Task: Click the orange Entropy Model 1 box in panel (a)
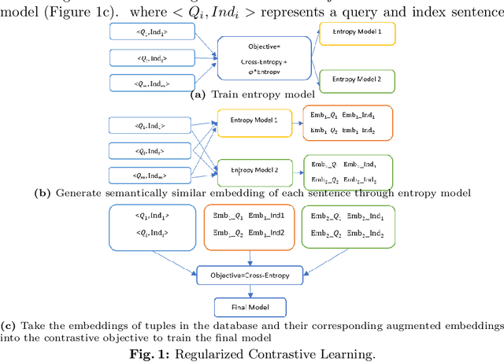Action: pyautogui.click(x=357, y=33)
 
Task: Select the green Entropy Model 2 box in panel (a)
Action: pyautogui.click(x=357, y=79)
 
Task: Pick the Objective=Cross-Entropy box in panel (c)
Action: pyautogui.click(x=250, y=274)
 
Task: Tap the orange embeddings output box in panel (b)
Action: pyautogui.click(x=343, y=122)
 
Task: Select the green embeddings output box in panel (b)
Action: pyautogui.click(x=343, y=171)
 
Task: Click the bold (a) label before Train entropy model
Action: pyautogui.click(x=198, y=94)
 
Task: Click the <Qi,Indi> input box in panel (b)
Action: pyautogui.click(x=152, y=150)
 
